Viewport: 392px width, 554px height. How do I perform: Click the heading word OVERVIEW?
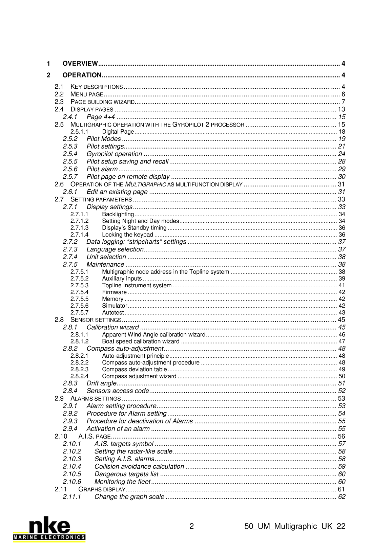point(80,64)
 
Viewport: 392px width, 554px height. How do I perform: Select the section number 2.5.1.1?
point(79,132)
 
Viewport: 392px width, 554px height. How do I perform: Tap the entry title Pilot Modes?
point(104,139)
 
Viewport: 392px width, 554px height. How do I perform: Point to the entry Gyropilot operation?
point(114,154)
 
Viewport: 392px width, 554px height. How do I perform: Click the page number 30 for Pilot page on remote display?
point(342,177)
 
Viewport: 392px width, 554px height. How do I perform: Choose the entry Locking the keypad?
point(127,235)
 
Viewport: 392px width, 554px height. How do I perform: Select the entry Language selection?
point(115,249)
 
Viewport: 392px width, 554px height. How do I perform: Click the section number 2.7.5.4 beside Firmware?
point(79,292)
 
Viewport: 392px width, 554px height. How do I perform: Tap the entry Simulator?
point(115,306)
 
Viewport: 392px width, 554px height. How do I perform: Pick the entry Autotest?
point(113,312)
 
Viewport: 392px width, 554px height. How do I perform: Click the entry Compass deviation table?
point(134,369)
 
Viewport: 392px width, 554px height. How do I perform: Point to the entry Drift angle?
point(101,383)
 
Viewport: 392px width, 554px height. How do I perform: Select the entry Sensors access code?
point(118,391)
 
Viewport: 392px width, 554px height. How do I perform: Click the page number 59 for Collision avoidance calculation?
point(342,466)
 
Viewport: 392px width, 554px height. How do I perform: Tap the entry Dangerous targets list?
point(126,474)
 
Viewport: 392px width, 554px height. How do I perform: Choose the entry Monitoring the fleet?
point(122,482)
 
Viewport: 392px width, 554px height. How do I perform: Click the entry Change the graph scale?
point(129,497)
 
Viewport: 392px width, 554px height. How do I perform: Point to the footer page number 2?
point(191,526)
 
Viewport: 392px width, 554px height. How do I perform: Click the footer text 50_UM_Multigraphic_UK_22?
point(295,526)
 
